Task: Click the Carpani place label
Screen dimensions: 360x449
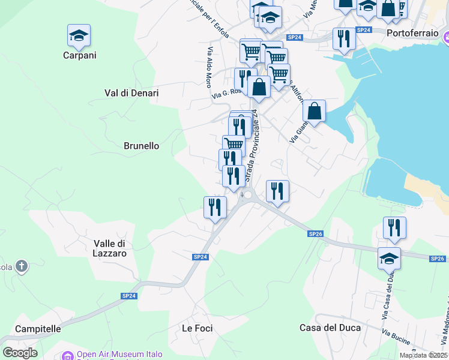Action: click(79, 55)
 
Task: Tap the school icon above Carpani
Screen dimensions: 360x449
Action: click(79, 36)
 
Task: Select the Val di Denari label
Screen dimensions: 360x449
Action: click(131, 93)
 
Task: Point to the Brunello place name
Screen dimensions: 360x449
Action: click(141, 146)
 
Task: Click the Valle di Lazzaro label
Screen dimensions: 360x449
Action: click(110, 248)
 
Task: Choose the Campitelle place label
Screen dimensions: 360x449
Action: click(38, 329)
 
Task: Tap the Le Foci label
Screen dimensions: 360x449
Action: click(197, 328)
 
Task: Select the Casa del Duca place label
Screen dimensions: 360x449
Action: click(330, 328)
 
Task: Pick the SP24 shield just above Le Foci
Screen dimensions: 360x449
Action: click(200, 257)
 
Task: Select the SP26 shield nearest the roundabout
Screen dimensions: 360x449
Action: click(316, 233)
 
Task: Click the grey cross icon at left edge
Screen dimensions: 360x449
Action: click(21, 266)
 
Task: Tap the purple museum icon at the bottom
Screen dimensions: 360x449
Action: click(67, 355)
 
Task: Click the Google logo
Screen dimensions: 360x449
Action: click(20, 353)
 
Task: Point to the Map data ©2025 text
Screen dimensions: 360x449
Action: click(424, 355)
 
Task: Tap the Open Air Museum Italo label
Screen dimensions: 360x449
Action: click(119, 354)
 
